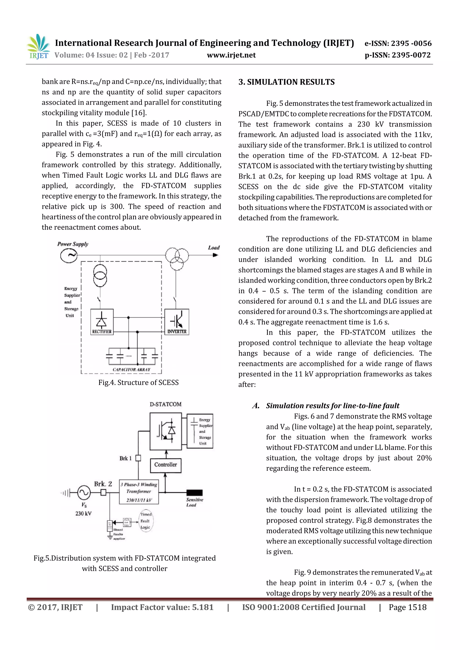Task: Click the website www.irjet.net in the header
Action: tap(231, 55)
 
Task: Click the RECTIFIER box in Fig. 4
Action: tap(102, 322)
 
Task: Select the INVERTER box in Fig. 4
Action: tap(177, 322)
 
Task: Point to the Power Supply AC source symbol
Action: tap(69, 255)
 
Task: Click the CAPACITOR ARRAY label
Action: tap(131, 370)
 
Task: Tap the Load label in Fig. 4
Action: tap(214, 248)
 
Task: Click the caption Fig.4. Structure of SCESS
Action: tap(138, 383)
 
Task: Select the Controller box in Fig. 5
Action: tap(166, 465)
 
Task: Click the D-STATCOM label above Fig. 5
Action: tap(166, 404)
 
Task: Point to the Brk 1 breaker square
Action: tap(138, 458)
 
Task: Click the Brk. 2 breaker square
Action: tap(104, 492)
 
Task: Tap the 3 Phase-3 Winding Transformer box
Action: tap(139, 492)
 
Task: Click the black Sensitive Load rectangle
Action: tap(195, 492)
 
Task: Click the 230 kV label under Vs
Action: tap(83, 513)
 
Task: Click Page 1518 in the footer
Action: tap(407, 607)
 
